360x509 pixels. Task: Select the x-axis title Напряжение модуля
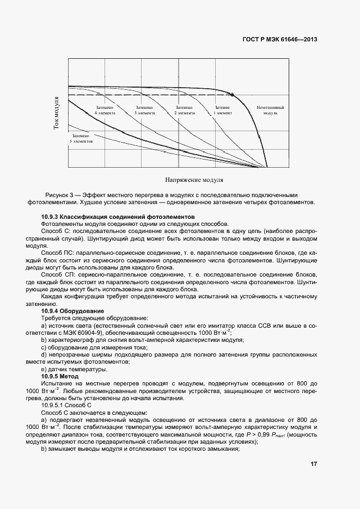point(194,179)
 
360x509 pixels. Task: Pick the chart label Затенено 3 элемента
point(144,111)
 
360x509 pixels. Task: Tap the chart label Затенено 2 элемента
point(184,111)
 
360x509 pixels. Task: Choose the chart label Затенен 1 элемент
point(223,111)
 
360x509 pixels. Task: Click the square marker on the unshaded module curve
point(233,95)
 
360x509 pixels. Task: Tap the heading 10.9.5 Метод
point(60,376)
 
